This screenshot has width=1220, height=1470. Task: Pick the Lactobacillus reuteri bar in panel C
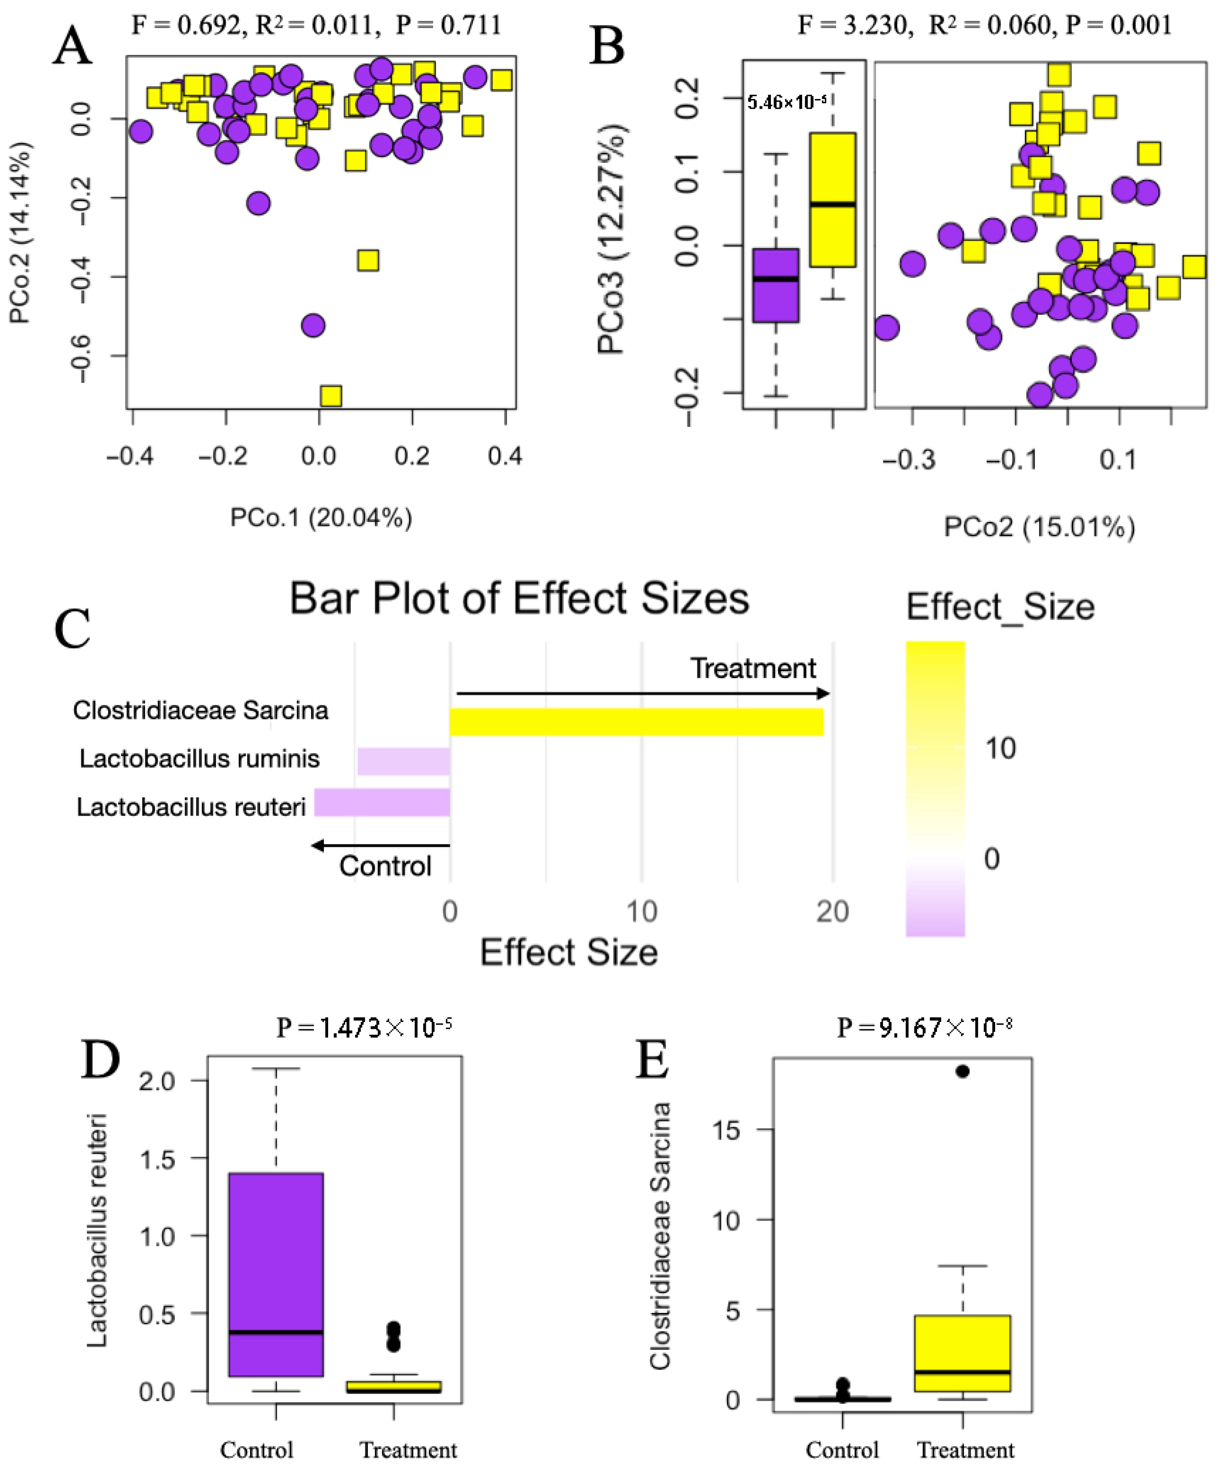click(x=382, y=802)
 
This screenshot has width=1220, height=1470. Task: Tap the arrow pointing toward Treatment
click(x=643, y=694)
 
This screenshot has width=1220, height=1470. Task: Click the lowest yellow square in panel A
click(x=330, y=396)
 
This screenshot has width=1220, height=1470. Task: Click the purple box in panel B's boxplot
click(x=776, y=285)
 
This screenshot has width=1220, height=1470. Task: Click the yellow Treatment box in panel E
click(x=963, y=1353)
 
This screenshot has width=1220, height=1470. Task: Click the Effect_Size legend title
click(x=1000, y=607)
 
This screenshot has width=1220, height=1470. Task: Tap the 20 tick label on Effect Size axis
click(x=832, y=911)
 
